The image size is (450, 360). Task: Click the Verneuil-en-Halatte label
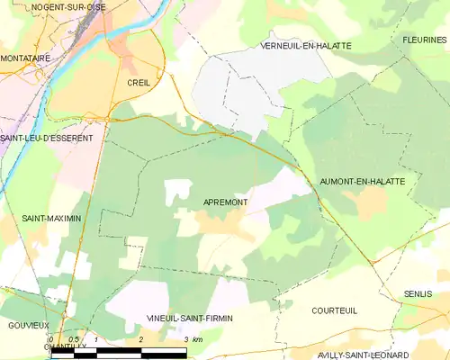click(x=305, y=45)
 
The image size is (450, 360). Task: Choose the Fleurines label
click(x=424, y=40)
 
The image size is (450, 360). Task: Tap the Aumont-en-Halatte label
click(x=362, y=182)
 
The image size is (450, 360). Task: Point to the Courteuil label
click(x=336, y=310)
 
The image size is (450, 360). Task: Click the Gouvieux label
click(x=27, y=325)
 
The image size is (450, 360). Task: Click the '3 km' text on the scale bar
click(x=191, y=339)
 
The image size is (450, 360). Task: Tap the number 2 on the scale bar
click(x=141, y=339)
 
